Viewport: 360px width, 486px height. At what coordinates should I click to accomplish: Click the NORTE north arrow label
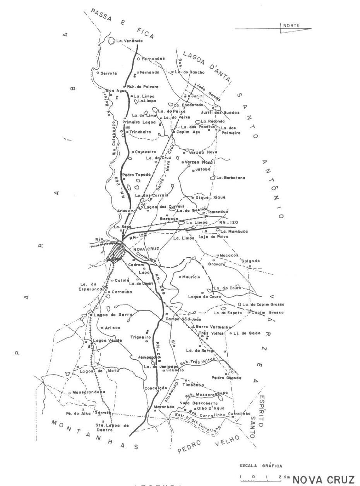(x=291, y=26)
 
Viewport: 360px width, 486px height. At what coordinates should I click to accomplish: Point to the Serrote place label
(x=108, y=73)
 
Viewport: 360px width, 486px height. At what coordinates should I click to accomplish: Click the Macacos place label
(x=228, y=255)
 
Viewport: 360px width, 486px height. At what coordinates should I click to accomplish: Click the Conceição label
(x=155, y=388)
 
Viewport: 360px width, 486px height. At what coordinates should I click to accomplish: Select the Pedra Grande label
(x=226, y=378)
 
